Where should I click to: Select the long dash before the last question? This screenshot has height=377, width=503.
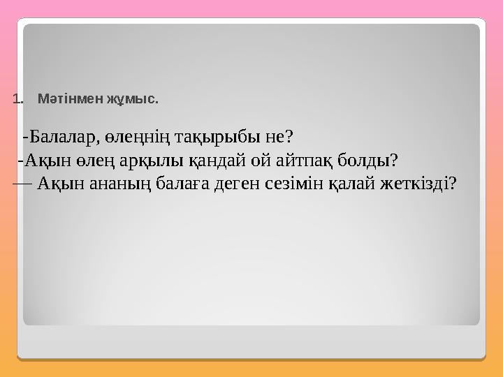pos(22,181)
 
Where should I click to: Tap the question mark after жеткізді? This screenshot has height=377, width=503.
pos(453,184)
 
